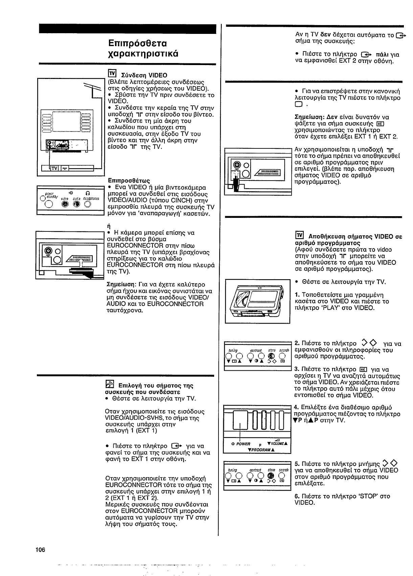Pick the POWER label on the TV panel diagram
243,444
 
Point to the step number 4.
296,408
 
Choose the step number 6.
296,496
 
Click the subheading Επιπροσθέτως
129,180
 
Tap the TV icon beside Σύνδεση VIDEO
112,74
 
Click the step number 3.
296,369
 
